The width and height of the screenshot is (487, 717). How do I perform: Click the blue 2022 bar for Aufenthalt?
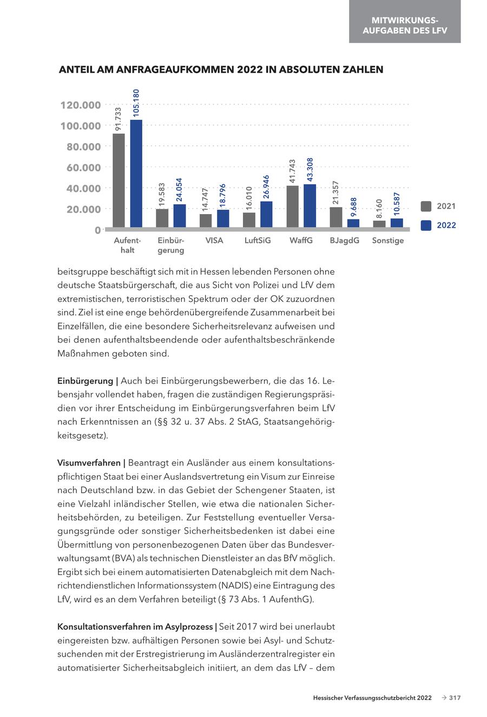coord(136,173)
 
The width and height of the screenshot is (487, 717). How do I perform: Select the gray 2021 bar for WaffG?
coord(293,206)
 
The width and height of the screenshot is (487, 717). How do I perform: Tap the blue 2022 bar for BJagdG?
coord(353,223)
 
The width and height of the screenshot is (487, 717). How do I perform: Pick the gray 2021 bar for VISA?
coord(206,221)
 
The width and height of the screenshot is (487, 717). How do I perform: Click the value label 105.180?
coord(136,103)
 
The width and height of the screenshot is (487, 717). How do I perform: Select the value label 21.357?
coord(336,193)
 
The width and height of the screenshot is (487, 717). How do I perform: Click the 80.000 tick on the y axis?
coord(83,147)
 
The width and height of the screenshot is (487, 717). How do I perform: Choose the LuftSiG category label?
coord(258,241)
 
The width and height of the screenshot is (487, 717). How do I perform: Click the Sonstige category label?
coord(388,241)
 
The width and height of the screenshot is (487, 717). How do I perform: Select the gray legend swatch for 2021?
coord(426,206)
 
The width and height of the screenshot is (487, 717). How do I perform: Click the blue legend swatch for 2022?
coord(426,225)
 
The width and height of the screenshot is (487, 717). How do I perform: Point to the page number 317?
coord(455,698)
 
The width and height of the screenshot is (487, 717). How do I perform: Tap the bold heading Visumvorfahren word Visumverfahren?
coord(89,463)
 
